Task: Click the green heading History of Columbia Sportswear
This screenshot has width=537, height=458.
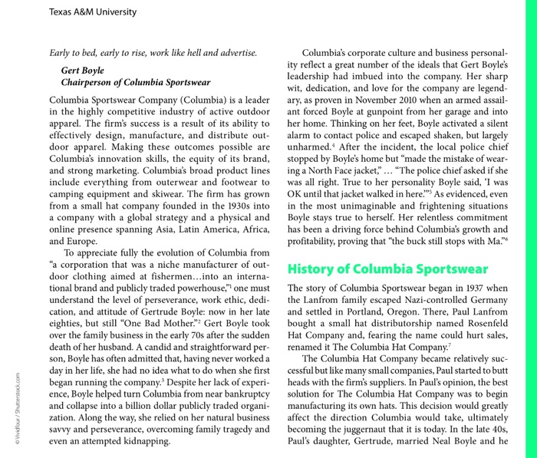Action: (387, 269)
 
